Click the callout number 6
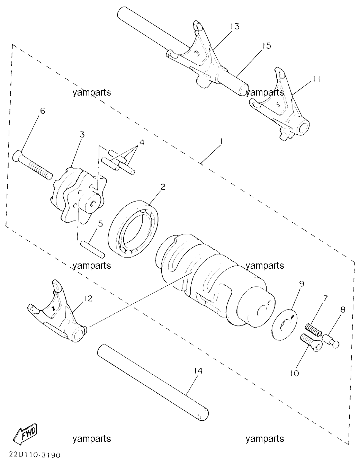click(x=43, y=111)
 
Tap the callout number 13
click(x=235, y=27)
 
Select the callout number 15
click(x=267, y=46)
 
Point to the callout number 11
click(x=316, y=79)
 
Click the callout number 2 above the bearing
click(x=163, y=187)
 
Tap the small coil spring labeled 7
click(x=313, y=331)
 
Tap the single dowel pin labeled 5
click(x=92, y=249)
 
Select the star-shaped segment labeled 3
click(x=78, y=195)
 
